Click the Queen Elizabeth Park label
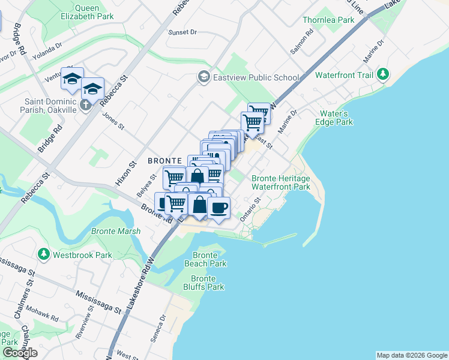tap(86, 12)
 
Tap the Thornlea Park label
tap(329, 20)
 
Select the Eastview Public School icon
tap(204, 77)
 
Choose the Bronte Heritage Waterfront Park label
tap(281, 182)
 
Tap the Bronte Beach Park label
tap(205, 259)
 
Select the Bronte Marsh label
tap(116, 231)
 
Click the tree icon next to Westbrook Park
tap(43, 254)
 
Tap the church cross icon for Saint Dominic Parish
tap(85, 105)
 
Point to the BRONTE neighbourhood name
tap(164, 161)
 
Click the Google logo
tap(20, 353)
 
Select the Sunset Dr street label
tap(182, 32)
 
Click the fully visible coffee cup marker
tap(218, 208)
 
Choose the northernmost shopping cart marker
tap(259, 112)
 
